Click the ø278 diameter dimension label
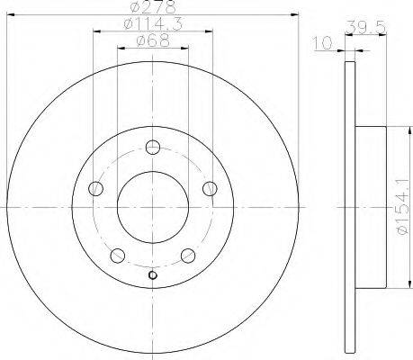(x=153, y=7)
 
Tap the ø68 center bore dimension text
(x=153, y=40)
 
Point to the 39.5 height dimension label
(x=365, y=28)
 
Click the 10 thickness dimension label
(x=322, y=43)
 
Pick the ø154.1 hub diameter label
(x=402, y=207)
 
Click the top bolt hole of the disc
(x=153, y=147)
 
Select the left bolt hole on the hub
(x=96, y=188)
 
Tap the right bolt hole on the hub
(x=210, y=188)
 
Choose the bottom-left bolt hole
(x=118, y=256)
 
